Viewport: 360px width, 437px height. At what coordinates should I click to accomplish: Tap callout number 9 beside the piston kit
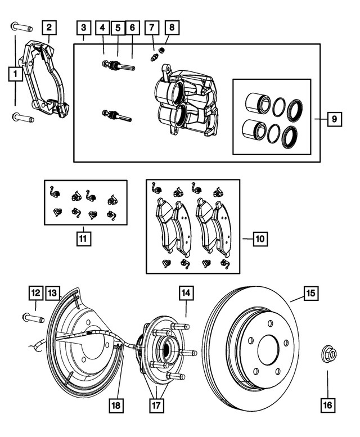pos(334,119)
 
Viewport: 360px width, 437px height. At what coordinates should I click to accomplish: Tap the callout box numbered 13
pos(52,292)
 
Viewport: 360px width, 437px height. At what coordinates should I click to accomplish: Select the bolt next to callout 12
pos(33,318)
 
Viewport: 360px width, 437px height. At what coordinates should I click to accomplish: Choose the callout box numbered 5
pos(118,27)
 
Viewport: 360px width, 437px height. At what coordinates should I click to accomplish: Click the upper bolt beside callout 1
pos(18,26)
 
